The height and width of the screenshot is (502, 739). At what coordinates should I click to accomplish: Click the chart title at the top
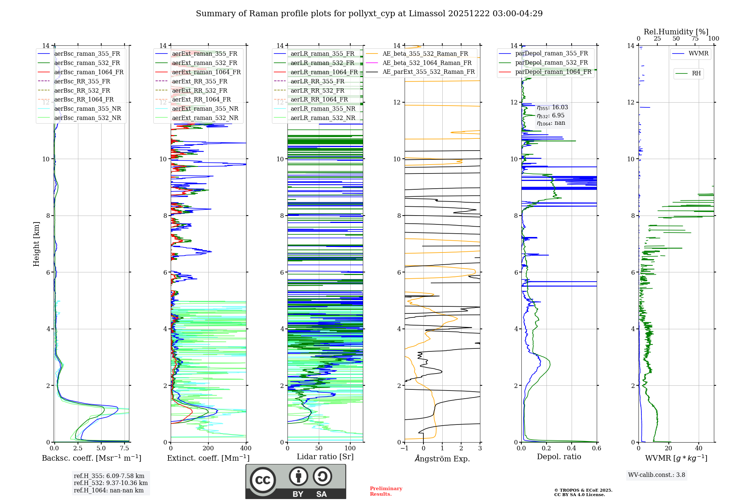[369, 14]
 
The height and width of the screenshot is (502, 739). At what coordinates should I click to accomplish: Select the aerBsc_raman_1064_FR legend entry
[89, 72]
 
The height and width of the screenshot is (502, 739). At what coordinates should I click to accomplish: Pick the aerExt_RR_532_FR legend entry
[200, 90]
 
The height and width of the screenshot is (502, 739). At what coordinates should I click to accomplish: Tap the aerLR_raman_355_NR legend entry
[323, 109]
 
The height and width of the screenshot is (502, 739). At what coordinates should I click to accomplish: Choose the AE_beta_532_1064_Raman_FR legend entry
[427, 63]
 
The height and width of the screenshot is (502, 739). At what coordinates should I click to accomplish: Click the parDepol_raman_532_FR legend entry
[551, 63]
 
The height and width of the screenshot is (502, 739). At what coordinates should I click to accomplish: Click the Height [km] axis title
[36, 244]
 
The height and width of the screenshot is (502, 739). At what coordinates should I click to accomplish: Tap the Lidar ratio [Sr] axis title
[325, 457]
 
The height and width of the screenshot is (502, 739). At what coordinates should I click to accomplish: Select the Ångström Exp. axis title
[442, 458]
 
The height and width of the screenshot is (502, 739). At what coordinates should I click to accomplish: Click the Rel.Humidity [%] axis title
[676, 32]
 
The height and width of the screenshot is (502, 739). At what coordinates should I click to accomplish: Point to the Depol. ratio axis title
[559, 457]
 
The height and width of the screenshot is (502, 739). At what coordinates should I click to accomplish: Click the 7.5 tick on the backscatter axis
[125, 448]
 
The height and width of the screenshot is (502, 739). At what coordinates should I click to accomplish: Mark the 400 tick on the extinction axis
[246, 448]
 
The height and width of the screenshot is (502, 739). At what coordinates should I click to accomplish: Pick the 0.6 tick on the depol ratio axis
[596, 448]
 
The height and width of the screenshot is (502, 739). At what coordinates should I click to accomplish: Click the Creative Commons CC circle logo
[263, 480]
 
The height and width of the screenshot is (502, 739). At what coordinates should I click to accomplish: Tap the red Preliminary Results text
[386, 491]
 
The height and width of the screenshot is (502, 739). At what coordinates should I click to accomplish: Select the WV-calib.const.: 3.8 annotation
[657, 475]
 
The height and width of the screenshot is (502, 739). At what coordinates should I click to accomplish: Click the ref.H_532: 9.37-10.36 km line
[110, 483]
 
